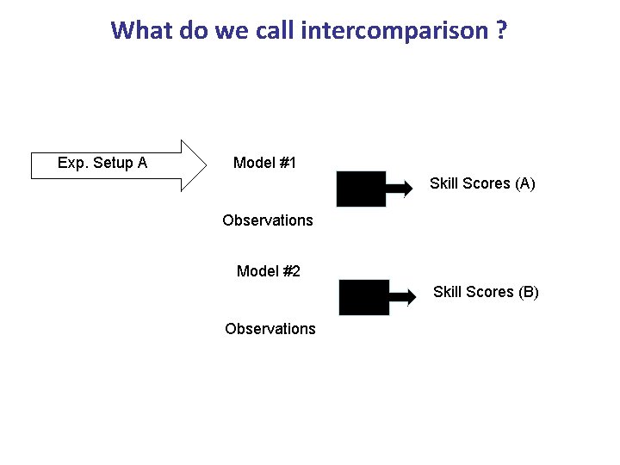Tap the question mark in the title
(500, 31)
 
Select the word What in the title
(143, 31)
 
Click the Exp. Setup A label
(102, 163)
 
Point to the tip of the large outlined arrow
(206, 163)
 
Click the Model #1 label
(264, 163)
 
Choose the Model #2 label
(268, 271)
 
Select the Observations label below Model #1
(267, 220)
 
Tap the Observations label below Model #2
(270, 329)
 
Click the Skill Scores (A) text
(482, 183)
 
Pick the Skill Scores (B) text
(486, 292)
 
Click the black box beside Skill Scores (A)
(361, 189)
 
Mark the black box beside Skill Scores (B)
(364, 297)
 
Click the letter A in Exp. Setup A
(142, 163)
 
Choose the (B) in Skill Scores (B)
(528, 292)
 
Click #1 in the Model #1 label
(288, 163)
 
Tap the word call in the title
(274, 31)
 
